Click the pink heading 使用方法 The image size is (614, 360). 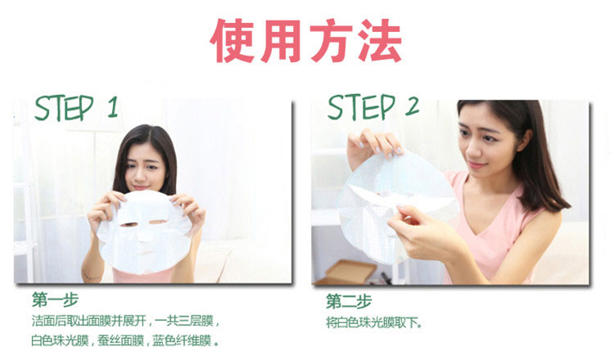306,41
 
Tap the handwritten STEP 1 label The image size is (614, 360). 76,108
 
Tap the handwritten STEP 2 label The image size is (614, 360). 372,107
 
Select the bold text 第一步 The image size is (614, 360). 51,299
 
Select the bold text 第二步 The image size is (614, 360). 349,300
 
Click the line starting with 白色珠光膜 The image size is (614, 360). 128,340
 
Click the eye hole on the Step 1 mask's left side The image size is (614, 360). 126,220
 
